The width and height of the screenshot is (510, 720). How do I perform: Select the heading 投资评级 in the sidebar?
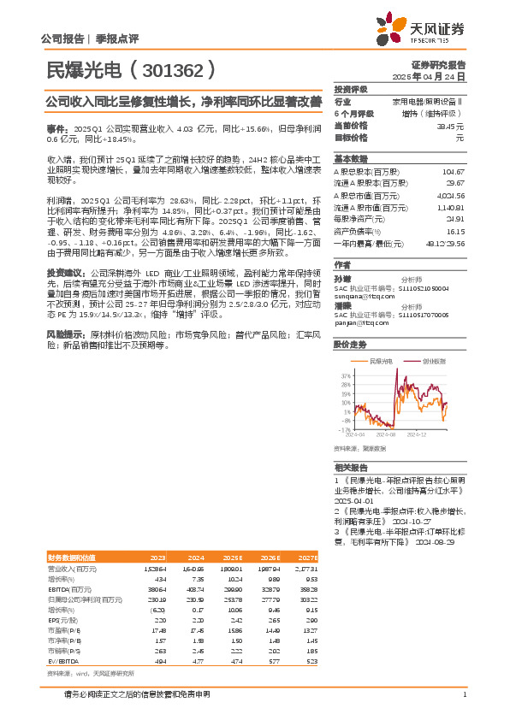click(x=351, y=89)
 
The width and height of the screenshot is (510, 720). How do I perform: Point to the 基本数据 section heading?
click(x=350, y=159)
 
